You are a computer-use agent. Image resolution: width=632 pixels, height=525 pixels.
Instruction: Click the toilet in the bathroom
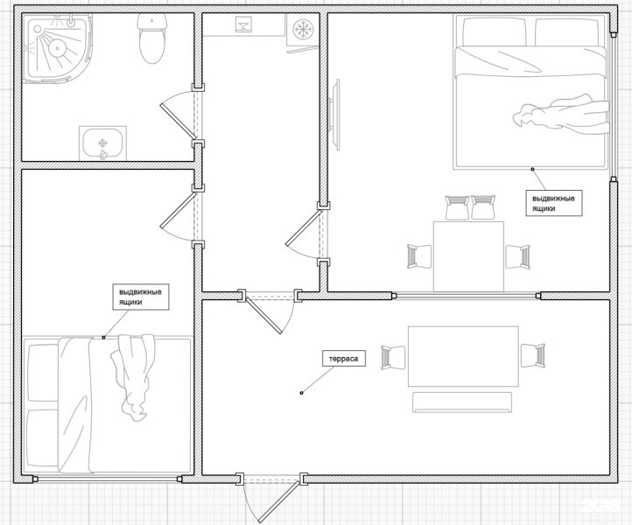(152, 38)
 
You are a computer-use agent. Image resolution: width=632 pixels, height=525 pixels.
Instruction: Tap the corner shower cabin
(56, 48)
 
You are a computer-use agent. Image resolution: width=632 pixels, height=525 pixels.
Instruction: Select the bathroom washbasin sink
(102, 143)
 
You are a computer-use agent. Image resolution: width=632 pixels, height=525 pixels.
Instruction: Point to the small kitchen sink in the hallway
(243, 24)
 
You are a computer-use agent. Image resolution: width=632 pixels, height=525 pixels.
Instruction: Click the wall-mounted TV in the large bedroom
(335, 115)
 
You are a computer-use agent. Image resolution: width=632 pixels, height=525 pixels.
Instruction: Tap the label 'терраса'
(344, 359)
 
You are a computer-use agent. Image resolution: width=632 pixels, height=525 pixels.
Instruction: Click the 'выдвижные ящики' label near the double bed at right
(554, 204)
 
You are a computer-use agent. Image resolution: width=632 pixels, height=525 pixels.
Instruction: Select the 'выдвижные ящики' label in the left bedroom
(140, 297)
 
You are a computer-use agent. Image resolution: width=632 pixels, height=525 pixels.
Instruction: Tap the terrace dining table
(463, 356)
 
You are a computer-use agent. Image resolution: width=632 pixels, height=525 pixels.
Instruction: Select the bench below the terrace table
(462, 402)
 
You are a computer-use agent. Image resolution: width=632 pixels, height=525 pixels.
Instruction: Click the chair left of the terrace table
(393, 357)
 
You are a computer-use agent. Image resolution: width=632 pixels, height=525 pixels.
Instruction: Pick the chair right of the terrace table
(533, 355)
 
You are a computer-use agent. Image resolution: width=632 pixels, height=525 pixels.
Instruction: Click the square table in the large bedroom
(468, 256)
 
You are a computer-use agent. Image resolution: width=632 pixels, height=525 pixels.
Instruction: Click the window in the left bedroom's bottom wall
(107, 479)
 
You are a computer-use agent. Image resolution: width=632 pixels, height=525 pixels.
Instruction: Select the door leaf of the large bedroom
(303, 227)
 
